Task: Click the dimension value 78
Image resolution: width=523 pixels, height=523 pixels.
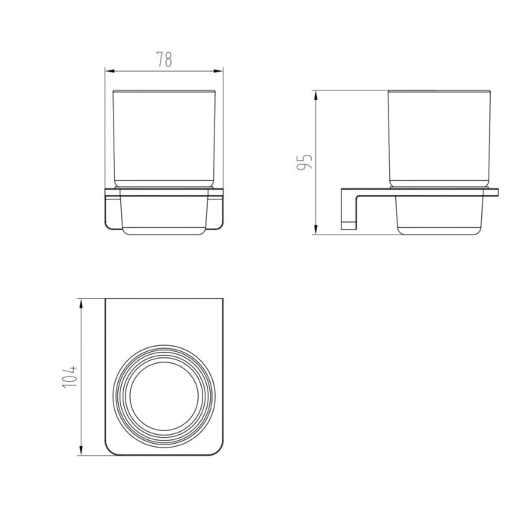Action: pos(164,59)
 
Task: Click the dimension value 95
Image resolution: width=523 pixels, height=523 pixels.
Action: pos(304,162)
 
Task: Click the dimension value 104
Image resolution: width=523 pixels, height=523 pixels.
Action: pos(69,377)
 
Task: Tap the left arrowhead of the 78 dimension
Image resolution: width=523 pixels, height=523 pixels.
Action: pos(110,71)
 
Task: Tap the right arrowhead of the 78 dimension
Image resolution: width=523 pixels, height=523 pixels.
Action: pos(218,71)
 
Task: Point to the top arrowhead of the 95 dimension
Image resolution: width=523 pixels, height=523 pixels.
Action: pos(315,96)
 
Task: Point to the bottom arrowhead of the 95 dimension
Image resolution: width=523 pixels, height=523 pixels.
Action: pos(315,229)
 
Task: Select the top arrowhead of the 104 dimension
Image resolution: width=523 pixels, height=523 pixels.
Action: pos(81,304)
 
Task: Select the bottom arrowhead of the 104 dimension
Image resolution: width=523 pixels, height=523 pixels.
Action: pos(81,450)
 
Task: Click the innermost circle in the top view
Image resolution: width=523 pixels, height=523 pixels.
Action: pos(164,362)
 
